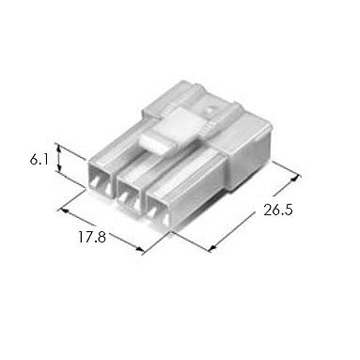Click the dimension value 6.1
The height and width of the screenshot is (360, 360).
[39, 160]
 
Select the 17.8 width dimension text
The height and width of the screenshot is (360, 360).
[91, 237]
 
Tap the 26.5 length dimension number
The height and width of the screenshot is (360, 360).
[278, 210]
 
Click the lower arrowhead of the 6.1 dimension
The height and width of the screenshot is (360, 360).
[58, 167]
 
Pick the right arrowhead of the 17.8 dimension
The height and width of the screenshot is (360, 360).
[140, 249]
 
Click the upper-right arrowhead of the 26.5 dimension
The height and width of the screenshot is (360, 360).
[295, 178]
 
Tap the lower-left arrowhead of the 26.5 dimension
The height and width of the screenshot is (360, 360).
[212, 248]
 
